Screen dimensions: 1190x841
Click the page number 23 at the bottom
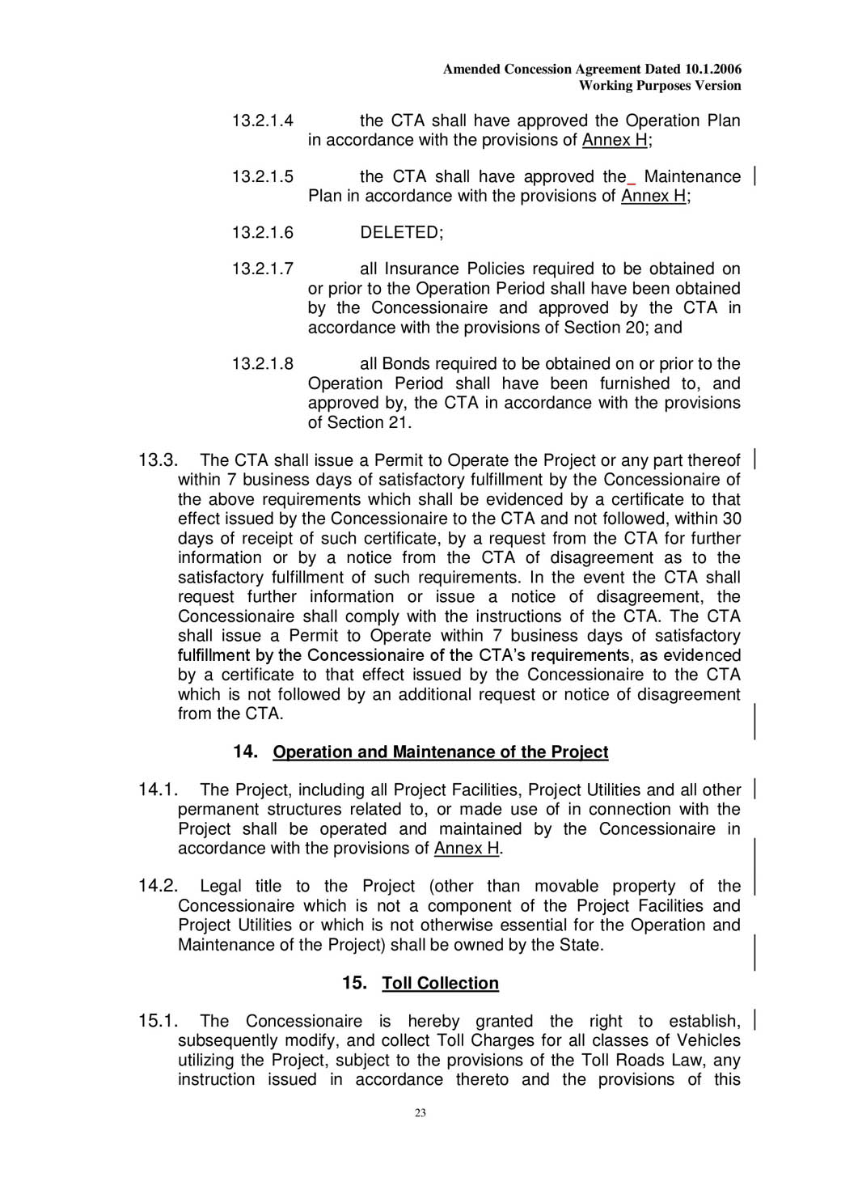(420, 1113)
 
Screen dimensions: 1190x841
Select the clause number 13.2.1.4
(262, 121)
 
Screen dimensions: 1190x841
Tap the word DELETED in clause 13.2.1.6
(401, 233)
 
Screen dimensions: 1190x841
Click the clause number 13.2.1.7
(262, 269)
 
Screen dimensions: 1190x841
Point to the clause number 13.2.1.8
(262, 364)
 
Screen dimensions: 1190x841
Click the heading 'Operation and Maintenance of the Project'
(440, 752)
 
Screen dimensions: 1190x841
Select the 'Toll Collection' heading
(440, 984)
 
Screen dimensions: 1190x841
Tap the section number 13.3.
(158, 461)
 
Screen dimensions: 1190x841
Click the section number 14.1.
(158, 790)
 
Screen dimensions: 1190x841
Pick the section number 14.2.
(158, 887)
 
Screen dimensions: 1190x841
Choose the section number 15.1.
(158, 1022)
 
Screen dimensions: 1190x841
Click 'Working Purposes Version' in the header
(660, 86)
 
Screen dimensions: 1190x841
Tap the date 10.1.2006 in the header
(713, 70)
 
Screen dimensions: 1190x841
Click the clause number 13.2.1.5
(262, 177)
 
